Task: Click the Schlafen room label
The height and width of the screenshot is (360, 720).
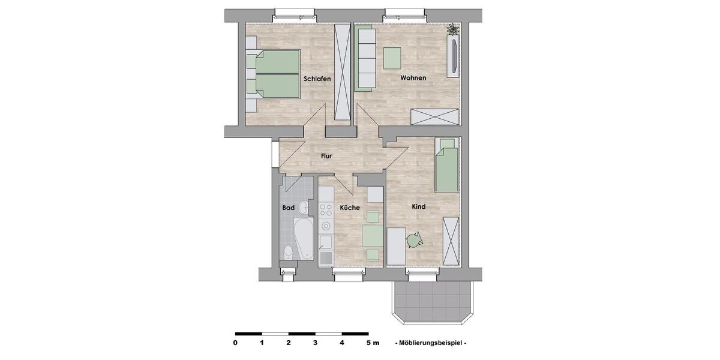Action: coord(317,79)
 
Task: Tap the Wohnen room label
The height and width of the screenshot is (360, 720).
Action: coord(413,78)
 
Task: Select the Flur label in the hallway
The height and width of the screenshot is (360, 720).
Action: coord(326,156)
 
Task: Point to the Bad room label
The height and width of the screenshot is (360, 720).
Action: coord(288,208)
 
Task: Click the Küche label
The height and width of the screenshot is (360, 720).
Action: coord(350,208)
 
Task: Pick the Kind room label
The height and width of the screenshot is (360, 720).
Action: coord(418,206)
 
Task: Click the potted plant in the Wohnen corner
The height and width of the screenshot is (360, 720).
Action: coord(453,29)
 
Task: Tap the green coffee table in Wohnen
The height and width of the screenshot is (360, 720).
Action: coord(392,58)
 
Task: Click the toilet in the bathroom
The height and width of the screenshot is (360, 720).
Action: coord(287,251)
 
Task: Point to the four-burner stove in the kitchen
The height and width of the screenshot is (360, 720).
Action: coord(326,209)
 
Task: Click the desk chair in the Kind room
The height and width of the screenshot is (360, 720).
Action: coord(414,240)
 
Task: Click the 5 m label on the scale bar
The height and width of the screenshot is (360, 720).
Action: coord(372,343)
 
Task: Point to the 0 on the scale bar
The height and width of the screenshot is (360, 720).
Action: coord(235,343)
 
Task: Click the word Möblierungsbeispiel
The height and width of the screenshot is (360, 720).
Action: coord(431,343)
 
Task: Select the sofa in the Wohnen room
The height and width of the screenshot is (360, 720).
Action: coord(364,58)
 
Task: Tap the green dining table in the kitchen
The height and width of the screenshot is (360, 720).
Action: coord(372,236)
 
